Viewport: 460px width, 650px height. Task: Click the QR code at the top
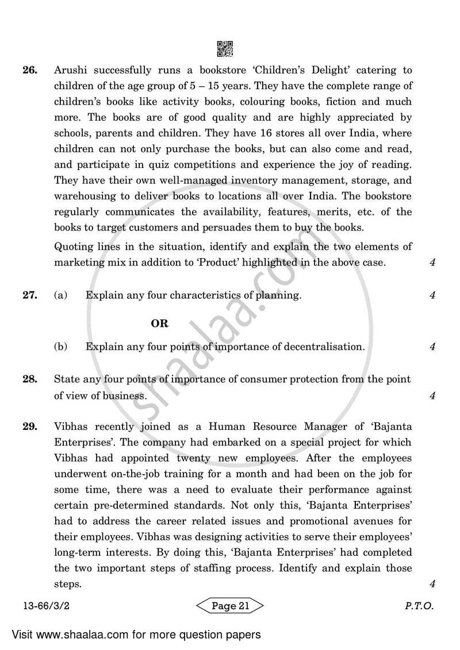225,49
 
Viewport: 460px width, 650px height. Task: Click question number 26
30,71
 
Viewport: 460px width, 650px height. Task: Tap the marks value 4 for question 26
431,263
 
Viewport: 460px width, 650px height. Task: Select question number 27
30,295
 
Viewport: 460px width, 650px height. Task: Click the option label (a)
60,295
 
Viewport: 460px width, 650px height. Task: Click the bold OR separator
159,324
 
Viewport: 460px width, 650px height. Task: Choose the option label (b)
60,347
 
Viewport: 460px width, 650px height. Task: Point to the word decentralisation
323,347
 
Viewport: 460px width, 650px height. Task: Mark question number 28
30,379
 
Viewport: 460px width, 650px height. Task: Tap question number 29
30,427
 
